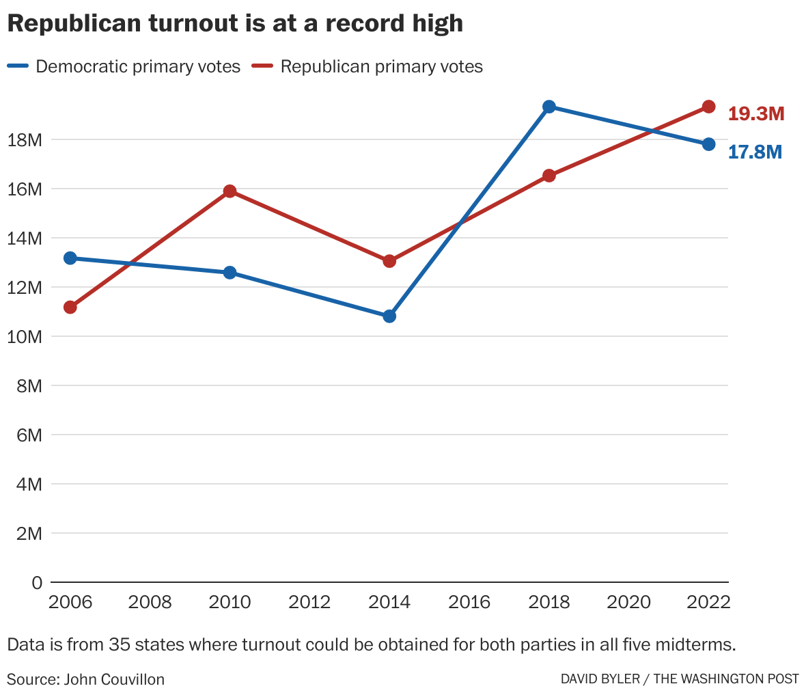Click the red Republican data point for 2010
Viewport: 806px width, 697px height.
(230, 191)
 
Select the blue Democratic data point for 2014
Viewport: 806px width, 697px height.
(389, 316)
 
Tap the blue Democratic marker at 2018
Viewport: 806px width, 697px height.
(549, 107)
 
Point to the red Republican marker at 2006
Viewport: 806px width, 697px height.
(70, 307)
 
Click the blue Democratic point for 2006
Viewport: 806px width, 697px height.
(70, 258)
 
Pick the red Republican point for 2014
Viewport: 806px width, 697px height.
(389, 261)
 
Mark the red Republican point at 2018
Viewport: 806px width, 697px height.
(549, 176)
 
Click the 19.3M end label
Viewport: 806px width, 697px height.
(755, 114)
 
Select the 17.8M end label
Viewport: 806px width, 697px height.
(755, 152)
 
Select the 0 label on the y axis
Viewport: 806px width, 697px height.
(37, 583)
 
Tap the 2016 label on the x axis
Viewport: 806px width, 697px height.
(469, 603)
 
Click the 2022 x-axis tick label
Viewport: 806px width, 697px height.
(708, 603)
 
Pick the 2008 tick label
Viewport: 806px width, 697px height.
(150, 603)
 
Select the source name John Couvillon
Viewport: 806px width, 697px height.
(114, 679)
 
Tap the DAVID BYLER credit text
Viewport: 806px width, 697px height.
(600, 679)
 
